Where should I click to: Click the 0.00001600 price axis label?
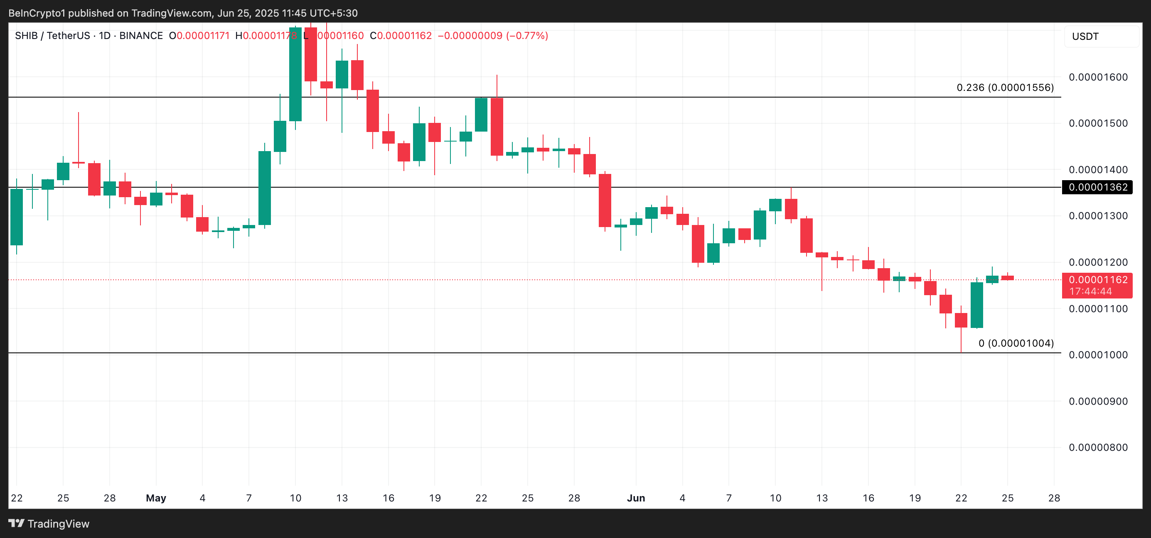click(x=1098, y=77)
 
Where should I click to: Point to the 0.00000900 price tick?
click(x=1098, y=401)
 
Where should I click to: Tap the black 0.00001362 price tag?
click(x=1098, y=187)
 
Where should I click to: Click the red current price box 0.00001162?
click(x=1098, y=280)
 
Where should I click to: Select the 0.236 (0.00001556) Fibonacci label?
click(x=1005, y=88)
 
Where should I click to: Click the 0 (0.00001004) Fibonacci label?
click(x=1016, y=343)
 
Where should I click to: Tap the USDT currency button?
click(x=1085, y=37)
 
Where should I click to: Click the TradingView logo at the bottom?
click(x=49, y=524)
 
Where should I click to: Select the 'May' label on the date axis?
click(x=156, y=498)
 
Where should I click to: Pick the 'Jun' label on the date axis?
click(x=636, y=498)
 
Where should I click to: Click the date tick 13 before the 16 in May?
click(x=342, y=498)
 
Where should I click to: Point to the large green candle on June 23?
click(x=976, y=305)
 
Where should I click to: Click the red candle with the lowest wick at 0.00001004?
click(x=961, y=320)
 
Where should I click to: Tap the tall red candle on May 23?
click(x=497, y=127)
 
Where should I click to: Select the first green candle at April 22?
click(x=17, y=217)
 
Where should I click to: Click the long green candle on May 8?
click(x=265, y=188)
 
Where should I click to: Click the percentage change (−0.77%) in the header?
click(x=527, y=36)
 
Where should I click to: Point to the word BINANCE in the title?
click(x=141, y=36)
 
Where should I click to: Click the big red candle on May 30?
click(x=605, y=201)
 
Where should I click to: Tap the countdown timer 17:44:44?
click(x=1090, y=291)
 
